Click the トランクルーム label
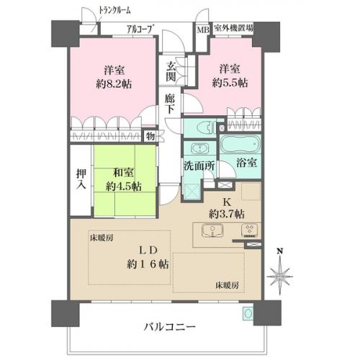[x=114, y=11]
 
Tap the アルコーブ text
[x=140, y=30]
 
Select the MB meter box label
[x=203, y=30]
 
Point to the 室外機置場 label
[x=233, y=28]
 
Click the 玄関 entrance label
[x=171, y=71]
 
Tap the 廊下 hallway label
[x=170, y=104]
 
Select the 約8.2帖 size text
[x=114, y=84]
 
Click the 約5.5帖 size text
[x=230, y=83]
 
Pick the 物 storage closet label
[x=150, y=137]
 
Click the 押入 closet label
[x=81, y=179]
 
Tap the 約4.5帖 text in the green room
[x=124, y=186]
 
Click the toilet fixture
[x=205, y=127]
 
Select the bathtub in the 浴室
[x=240, y=144]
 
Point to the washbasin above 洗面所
[x=199, y=148]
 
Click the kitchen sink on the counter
[x=212, y=230]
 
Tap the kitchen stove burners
[x=249, y=230]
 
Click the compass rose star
[x=279, y=276]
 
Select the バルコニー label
[x=169, y=327]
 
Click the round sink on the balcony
[x=248, y=313]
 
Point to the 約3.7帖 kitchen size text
[x=227, y=213]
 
